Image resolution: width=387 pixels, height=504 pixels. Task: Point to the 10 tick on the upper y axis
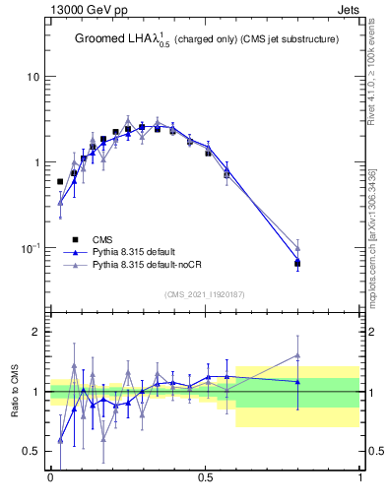coord(32,77)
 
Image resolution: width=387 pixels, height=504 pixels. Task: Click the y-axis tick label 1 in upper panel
coord(35,162)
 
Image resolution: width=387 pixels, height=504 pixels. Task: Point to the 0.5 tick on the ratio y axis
coord(31,452)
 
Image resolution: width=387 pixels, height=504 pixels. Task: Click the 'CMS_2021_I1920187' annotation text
coord(205,294)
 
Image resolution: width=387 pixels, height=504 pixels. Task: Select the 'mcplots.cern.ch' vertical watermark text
coord(375,236)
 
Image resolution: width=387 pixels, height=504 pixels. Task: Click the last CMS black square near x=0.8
coord(297,263)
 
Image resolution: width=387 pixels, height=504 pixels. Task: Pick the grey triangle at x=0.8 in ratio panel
coord(297,355)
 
